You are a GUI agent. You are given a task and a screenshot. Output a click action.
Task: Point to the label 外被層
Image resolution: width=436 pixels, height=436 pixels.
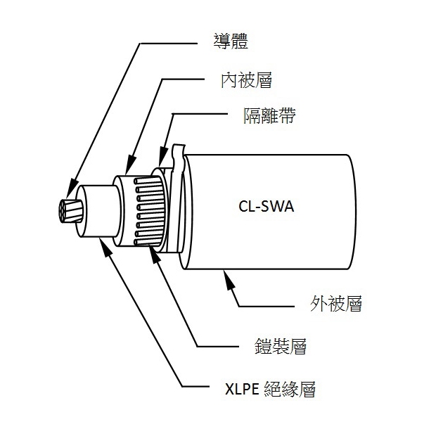335,304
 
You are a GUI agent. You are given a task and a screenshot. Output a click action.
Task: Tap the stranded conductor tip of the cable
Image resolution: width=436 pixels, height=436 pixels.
71,211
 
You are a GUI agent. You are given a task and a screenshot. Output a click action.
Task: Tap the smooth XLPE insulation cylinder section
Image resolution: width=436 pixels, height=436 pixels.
102,210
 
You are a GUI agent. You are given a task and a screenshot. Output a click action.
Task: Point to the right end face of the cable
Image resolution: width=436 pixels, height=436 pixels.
350,212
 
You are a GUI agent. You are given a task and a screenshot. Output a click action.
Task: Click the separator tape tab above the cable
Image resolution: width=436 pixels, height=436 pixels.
176,151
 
